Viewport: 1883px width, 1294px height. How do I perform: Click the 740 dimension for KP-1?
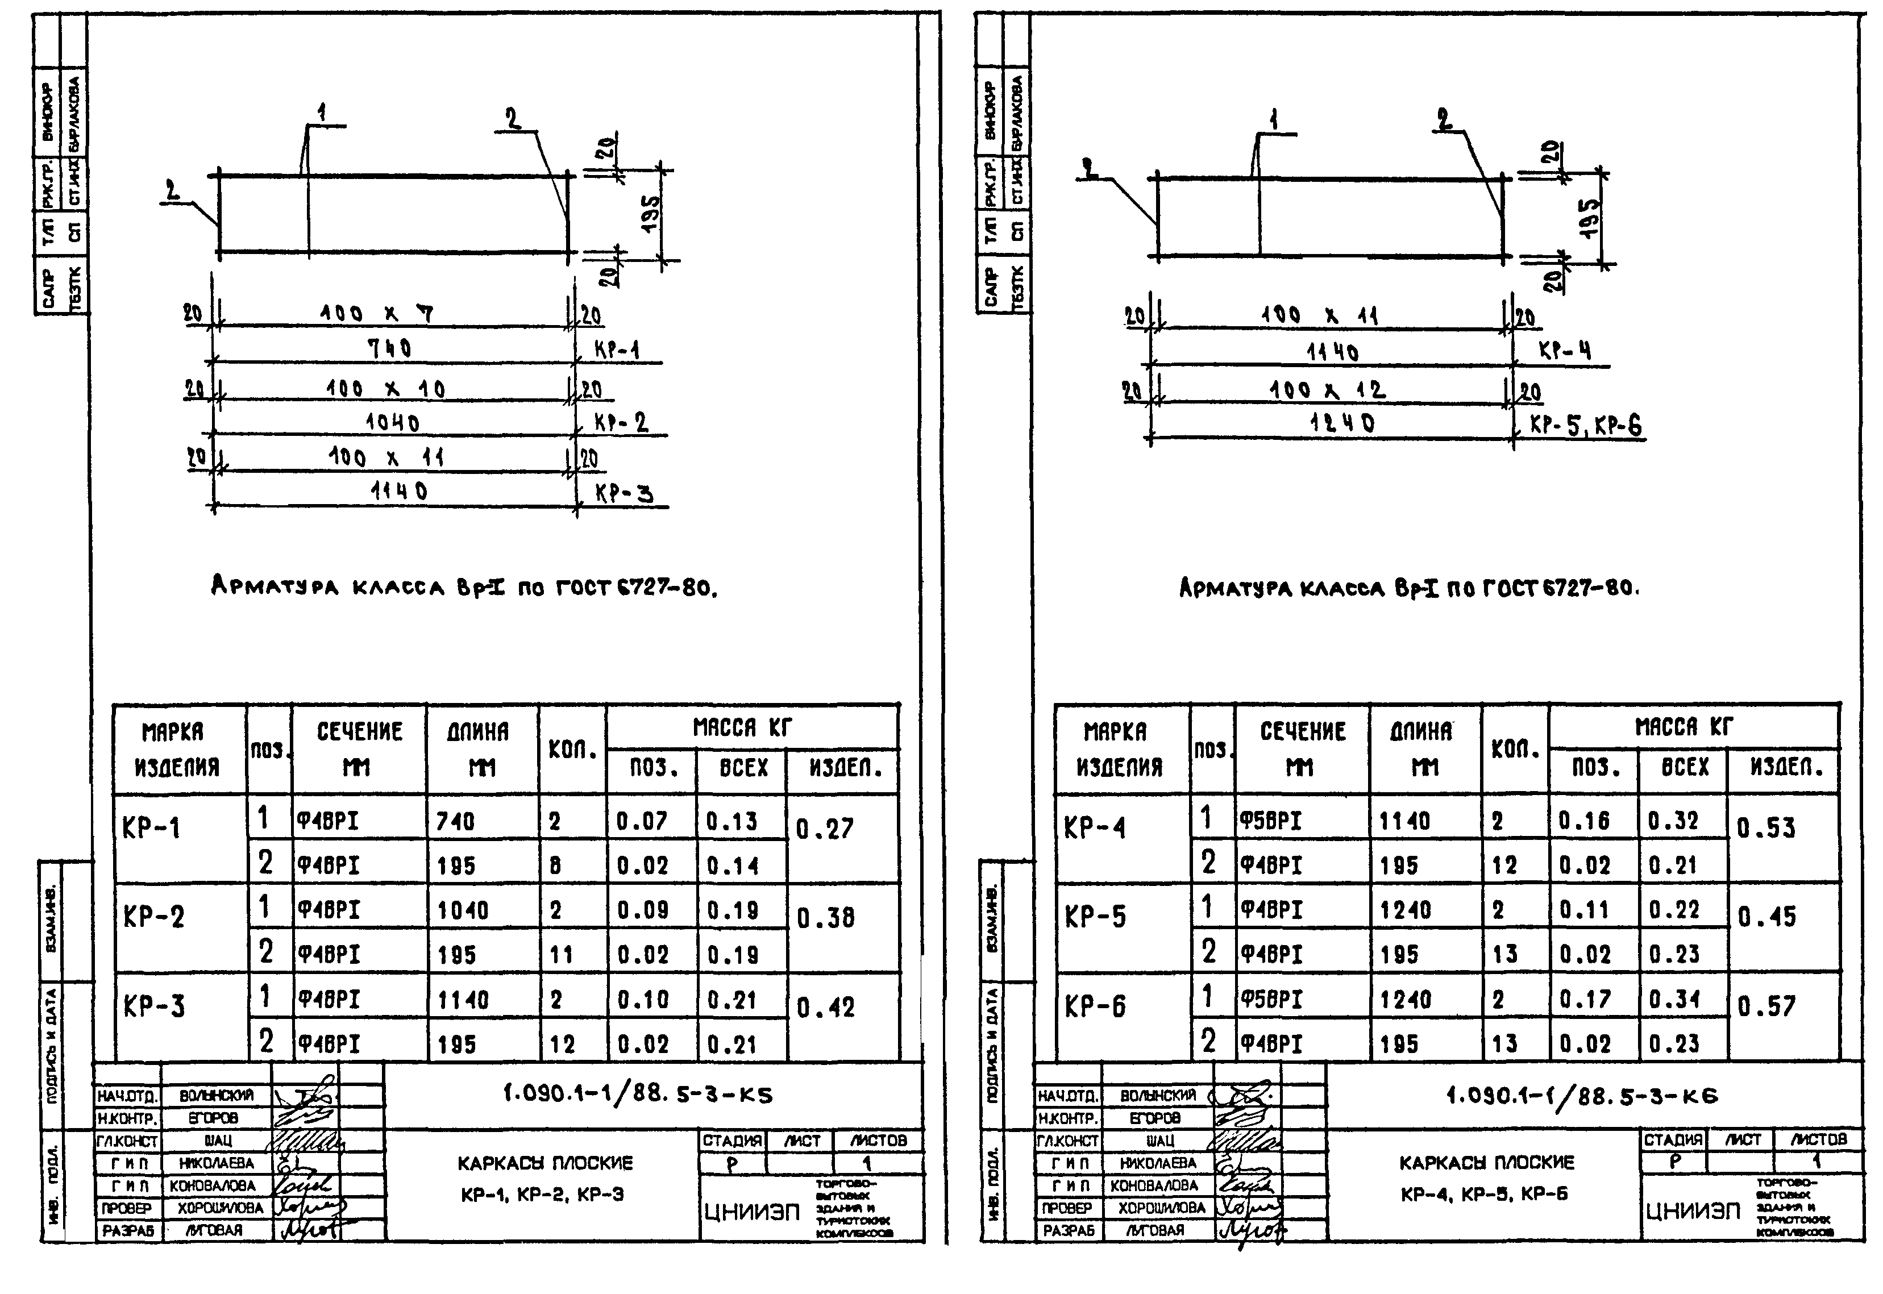[390, 348]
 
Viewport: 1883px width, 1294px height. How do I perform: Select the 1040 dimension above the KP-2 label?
[393, 422]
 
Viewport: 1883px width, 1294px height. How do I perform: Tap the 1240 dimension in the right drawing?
[1342, 422]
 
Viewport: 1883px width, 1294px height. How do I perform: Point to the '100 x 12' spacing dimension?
[1328, 390]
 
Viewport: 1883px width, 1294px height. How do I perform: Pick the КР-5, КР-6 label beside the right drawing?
[1585, 425]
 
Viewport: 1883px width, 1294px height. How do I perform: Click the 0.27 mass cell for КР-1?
[824, 829]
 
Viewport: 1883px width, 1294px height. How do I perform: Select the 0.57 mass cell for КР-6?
[1766, 1006]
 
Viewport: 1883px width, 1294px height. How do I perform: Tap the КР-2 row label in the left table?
[153, 917]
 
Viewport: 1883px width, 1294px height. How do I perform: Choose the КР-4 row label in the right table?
[1095, 828]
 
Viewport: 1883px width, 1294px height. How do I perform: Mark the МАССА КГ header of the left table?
[741, 727]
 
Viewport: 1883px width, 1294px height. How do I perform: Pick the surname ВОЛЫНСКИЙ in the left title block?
[217, 1095]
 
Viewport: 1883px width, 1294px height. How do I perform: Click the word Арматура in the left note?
[275, 585]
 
